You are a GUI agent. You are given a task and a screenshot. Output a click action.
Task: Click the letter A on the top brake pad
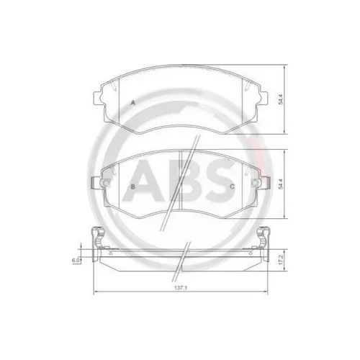tap(133, 104)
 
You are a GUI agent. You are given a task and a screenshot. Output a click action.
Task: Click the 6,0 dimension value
tap(75, 258)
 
